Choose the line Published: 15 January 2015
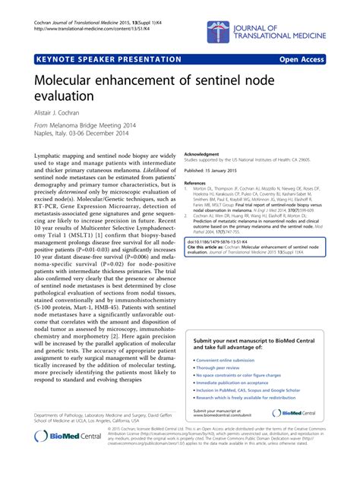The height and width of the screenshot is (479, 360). point(218,171)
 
